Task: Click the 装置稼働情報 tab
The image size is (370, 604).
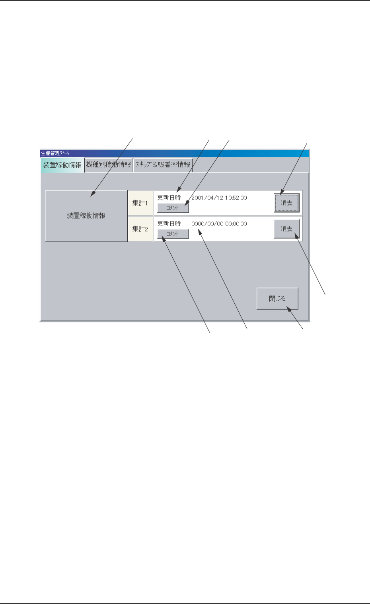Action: [62, 165]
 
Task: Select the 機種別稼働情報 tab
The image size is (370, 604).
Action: [109, 165]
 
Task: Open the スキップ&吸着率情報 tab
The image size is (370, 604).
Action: [163, 165]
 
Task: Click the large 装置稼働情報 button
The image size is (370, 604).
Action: [86, 216]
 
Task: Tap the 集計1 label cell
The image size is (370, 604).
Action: [140, 203]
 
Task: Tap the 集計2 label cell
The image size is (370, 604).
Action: [140, 229]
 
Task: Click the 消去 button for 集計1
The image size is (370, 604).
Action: [286, 203]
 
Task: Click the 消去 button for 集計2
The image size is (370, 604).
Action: [286, 229]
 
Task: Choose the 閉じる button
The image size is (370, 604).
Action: [277, 298]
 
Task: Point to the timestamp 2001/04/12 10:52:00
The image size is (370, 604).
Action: [219, 198]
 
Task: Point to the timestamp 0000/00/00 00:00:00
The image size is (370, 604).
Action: [219, 224]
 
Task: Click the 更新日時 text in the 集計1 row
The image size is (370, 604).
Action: [169, 198]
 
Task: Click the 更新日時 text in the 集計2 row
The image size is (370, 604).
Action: [169, 224]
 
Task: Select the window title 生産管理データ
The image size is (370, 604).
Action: [55, 153]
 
